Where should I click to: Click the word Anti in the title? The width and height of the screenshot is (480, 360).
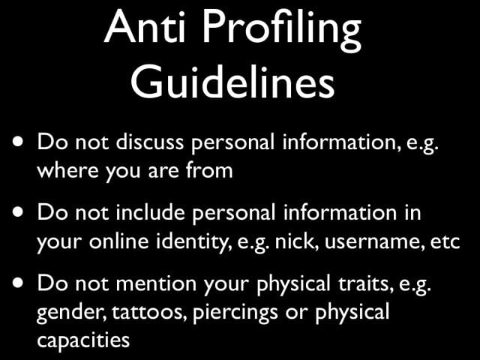pyautogui.click(x=145, y=27)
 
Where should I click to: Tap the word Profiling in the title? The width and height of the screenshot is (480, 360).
pyautogui.click(x=282, y=31)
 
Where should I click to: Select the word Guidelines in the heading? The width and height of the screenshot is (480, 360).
pyautogui.click(x=232, y=82)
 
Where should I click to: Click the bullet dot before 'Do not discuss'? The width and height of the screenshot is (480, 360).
pyautogui.click(x=18, y=142)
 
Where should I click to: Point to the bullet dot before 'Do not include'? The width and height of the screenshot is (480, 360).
pyautogui.click(x=18, y=211)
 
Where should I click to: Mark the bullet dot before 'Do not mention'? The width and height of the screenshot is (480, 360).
pyautogui.click(x=18, y=283)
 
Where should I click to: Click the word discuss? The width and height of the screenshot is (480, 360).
pyautogui.click(x=150, y=142)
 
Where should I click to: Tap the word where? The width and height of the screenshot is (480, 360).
pyautogui.click(x=67, y=170)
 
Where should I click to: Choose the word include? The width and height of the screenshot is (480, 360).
pyautogui.click(x=150, y=211)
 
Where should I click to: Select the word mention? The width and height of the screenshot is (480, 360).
pyautogui.click(x=156, y=283)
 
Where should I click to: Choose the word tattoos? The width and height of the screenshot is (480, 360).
pyautogui.click(x=149, y=312)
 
